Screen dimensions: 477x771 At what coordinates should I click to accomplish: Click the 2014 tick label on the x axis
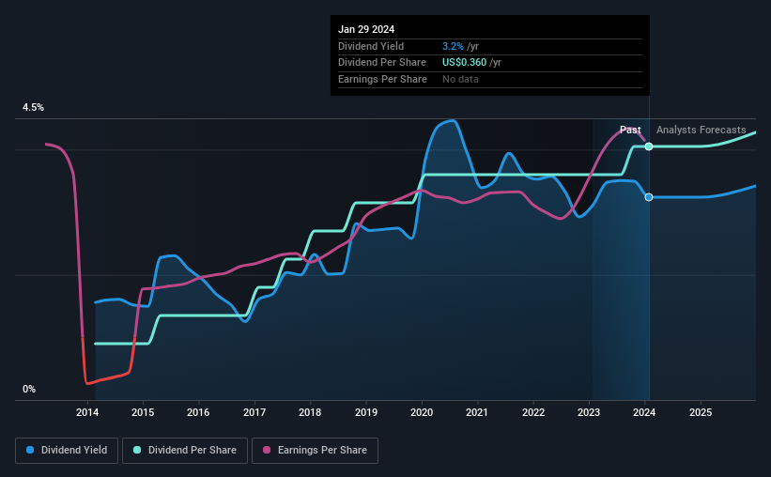(x=87, y=412)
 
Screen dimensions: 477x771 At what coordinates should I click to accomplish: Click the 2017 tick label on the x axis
(x=254, y=412)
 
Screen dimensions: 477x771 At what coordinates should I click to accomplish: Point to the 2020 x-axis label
(x=422, y=412)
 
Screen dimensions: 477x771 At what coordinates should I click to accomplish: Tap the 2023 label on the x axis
(x=589, y=412)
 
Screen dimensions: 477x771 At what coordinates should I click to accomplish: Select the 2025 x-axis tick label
(x=700, y=412)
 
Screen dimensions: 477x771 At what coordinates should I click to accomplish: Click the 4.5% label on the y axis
(x=33, y=108)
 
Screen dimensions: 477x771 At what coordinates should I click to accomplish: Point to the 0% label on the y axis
(x=29, y=389)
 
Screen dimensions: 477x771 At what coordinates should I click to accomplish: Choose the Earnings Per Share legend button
(x=316, y=451)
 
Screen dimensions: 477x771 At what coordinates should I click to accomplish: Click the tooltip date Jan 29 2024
(x=366, y=29)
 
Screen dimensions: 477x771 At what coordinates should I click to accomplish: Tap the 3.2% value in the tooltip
(x=454, y=46)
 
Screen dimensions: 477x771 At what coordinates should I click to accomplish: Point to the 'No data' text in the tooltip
(x=460, y=80)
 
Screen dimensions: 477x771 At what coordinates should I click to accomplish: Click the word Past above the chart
(x=630, y=130)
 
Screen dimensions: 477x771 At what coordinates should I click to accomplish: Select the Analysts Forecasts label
(x=702, y=130)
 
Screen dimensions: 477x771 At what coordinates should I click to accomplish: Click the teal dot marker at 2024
(x=649, y=146)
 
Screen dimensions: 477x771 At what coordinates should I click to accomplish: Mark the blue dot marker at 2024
(x=649, y=197)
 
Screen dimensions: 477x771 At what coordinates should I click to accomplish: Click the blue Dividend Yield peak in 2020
(x=454, y=120)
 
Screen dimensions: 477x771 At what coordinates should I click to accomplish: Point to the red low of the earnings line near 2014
(x=87, y=382)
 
